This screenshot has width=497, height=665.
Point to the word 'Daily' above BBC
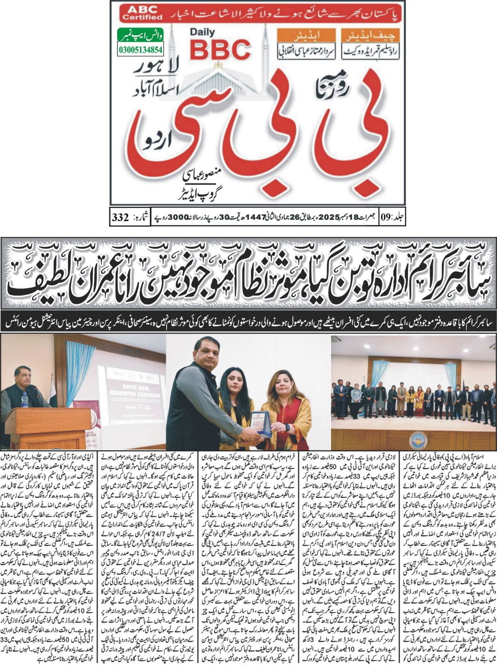pyautogui.click(x=203, y=32)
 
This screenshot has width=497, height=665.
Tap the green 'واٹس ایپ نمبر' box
pyautogui.click(x=140, y=36)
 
